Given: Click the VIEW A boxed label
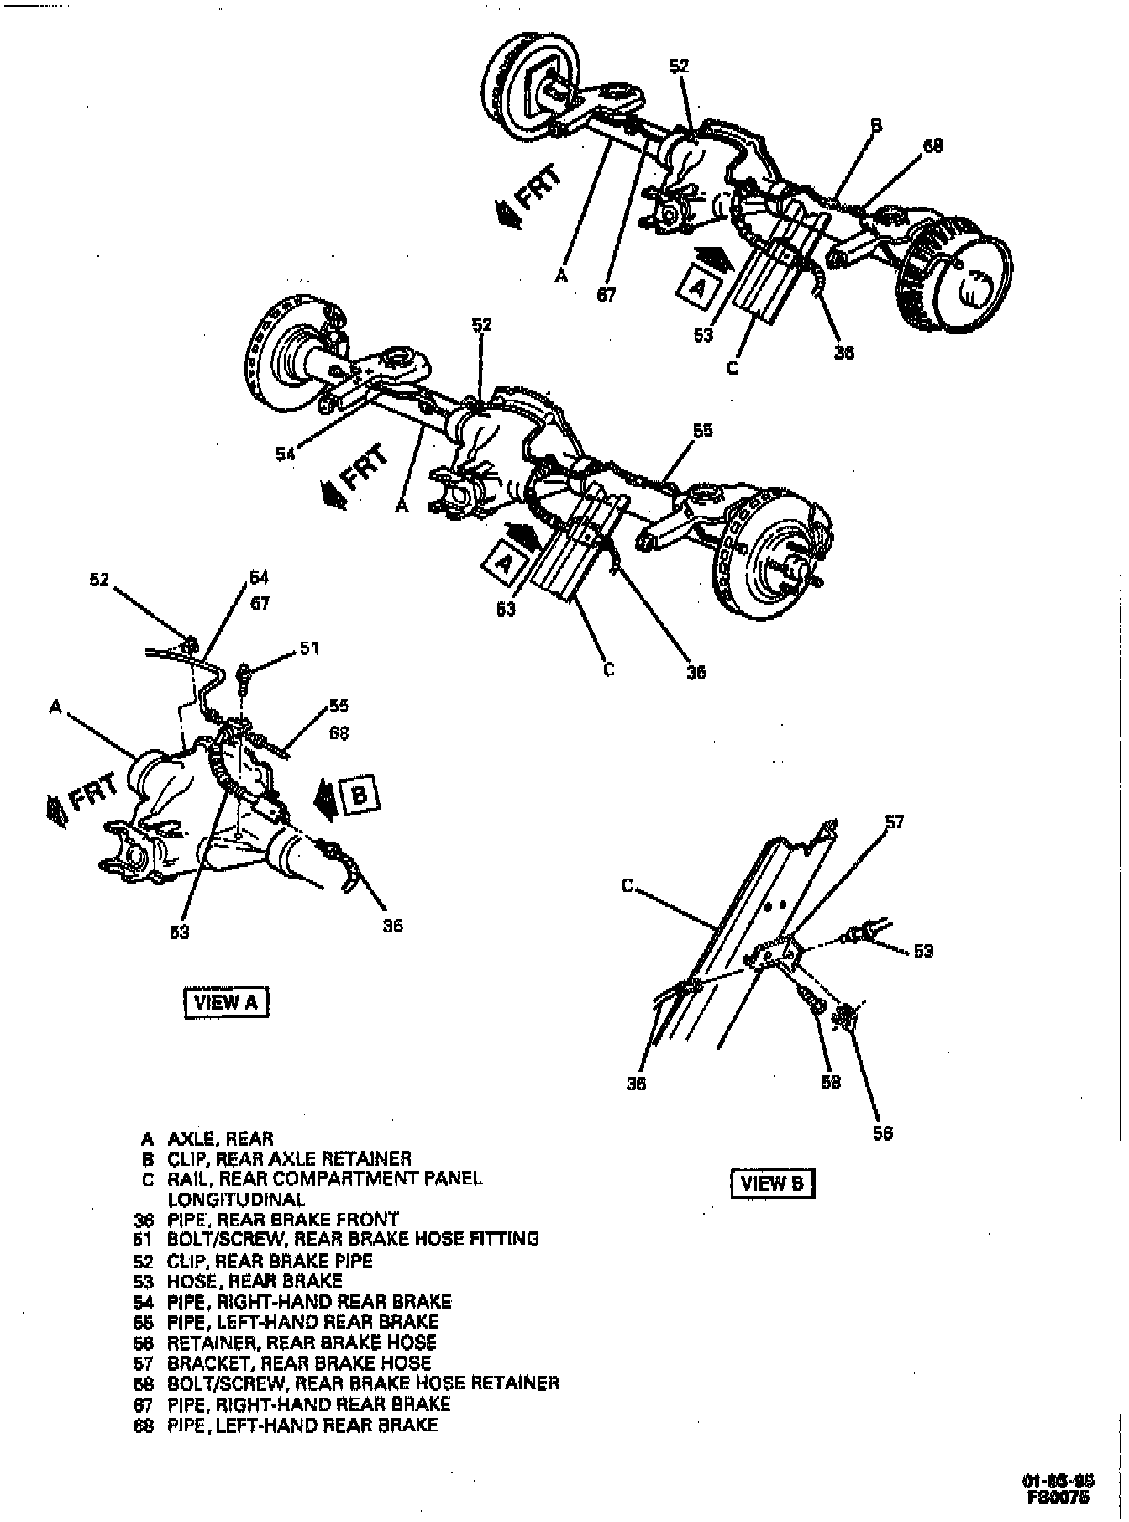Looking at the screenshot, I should point(225,1002).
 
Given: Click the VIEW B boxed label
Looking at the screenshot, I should point(772,1183).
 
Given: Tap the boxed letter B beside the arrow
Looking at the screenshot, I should point(360,795).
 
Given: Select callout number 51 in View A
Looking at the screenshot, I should point(310,648).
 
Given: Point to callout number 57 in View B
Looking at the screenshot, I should point(894,821).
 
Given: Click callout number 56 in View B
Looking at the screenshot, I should point(882,1133).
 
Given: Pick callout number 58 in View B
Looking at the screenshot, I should point(830,1083).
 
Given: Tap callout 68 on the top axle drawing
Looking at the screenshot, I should point(932,146).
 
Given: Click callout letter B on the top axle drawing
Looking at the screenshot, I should point(875,125).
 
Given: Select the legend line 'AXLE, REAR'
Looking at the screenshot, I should point(220,1139).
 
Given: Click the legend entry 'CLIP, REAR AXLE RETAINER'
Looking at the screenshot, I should point(288,1159).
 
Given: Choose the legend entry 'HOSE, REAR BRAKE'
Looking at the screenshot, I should point(254,1282).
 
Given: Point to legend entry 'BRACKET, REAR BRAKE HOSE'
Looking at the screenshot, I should point(298,1363).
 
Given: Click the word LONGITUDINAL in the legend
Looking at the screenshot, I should point(236,1199).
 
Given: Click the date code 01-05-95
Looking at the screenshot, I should point(1058,1481).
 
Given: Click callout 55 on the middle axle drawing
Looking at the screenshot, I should point(702,430).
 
